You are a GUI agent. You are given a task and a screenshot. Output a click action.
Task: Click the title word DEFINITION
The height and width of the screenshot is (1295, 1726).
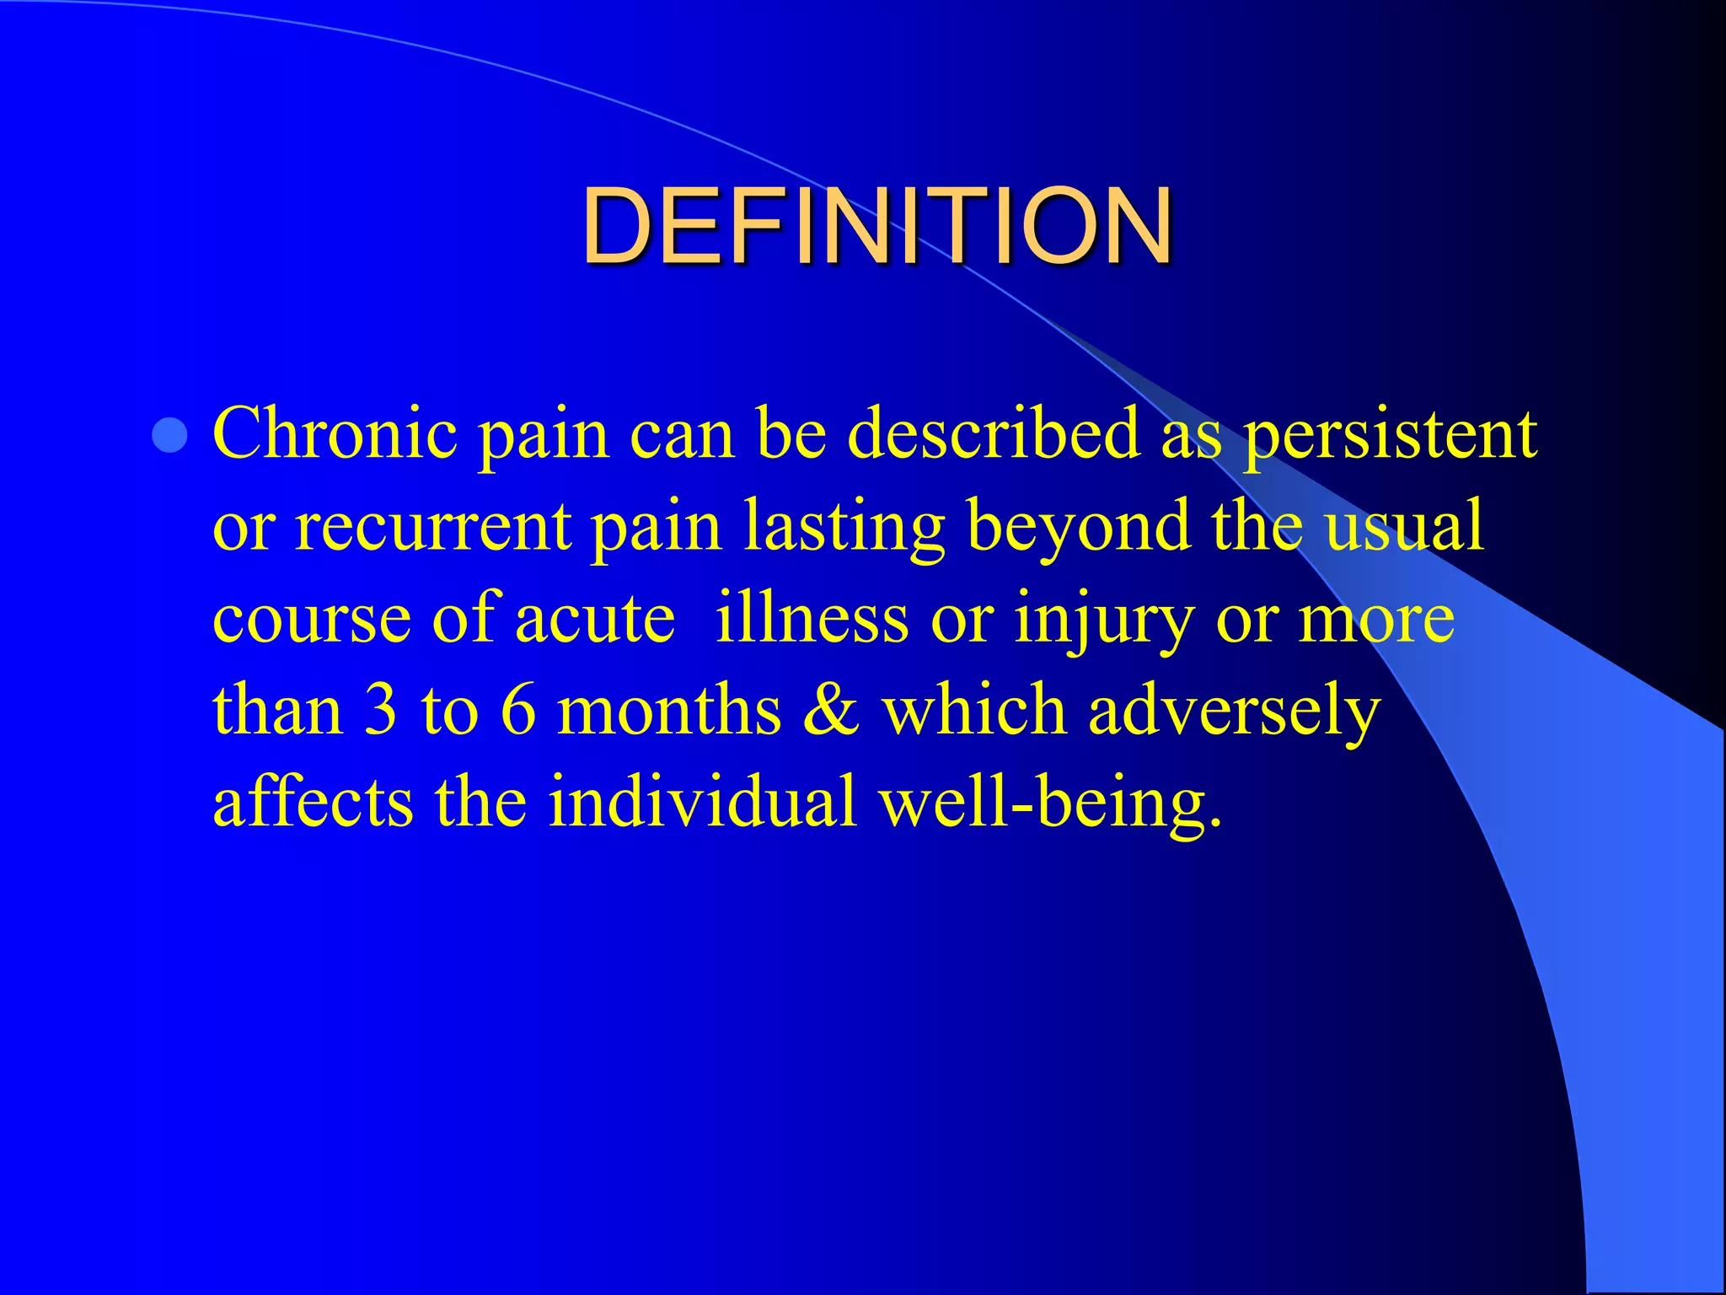click(x=876, y=226)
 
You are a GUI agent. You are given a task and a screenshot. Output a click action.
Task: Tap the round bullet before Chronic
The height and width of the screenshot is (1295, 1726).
click(x=170, y=436)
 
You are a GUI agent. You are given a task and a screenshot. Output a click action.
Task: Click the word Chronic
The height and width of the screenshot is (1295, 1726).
click(x=335, y=434)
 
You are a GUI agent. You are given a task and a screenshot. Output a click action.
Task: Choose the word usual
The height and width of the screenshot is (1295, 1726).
click(x=1403, y=527)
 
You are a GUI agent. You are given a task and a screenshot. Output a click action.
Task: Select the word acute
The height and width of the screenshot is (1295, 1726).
click(x=595, y=620)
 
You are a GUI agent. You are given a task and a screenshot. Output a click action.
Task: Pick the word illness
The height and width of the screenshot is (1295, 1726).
click(x=812, y=618)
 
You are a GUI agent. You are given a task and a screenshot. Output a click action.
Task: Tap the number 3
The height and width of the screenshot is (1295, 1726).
click(x=381, y=711)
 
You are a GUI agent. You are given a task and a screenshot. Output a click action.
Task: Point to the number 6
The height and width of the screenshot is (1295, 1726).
click(x=517, y=711)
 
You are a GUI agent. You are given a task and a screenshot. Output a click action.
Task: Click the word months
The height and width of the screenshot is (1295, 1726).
click(x=670, y=711)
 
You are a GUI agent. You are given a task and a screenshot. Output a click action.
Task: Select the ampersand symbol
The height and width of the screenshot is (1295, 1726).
click(x=831, y=711)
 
